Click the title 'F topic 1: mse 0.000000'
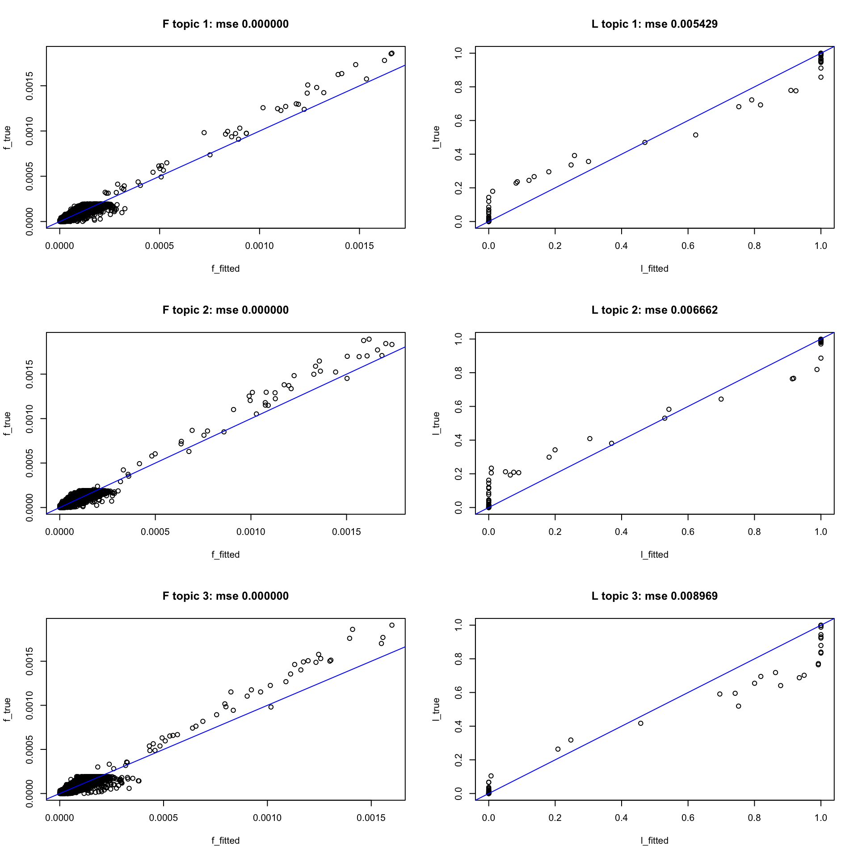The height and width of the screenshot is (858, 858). click(225, 24)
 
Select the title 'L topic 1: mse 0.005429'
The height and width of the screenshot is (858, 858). click(654, 24)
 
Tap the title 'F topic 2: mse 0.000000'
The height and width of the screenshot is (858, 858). click(225, 310)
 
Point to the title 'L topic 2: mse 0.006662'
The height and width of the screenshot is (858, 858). click(654, 310)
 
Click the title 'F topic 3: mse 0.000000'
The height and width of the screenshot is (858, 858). click(225, 596)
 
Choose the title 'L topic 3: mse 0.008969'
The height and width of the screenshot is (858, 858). click(654, 596)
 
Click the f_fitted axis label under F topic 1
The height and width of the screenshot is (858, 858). click(225, 269)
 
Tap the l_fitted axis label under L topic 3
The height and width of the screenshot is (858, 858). click(654, 841)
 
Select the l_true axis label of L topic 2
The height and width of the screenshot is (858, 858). click(436, 423)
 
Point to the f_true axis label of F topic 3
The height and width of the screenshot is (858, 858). click(7, 709)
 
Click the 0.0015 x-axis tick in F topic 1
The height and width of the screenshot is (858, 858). click(359, 246)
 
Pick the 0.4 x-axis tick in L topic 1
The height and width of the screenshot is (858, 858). click(621, 246)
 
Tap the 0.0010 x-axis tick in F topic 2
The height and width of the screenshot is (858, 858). click(251, 532)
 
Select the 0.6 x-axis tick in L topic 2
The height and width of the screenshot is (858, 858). click(688, 532)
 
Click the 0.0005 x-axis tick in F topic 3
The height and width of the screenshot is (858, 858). click(164, 818)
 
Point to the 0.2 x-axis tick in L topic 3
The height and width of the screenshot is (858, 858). click(555, 818)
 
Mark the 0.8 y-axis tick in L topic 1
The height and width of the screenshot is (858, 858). click(458, 87)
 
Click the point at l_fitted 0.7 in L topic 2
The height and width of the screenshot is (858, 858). click(721, 399)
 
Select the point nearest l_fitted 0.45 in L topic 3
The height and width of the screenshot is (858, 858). click(640, 723)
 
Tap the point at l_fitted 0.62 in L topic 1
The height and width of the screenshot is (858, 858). click(695, 135)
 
